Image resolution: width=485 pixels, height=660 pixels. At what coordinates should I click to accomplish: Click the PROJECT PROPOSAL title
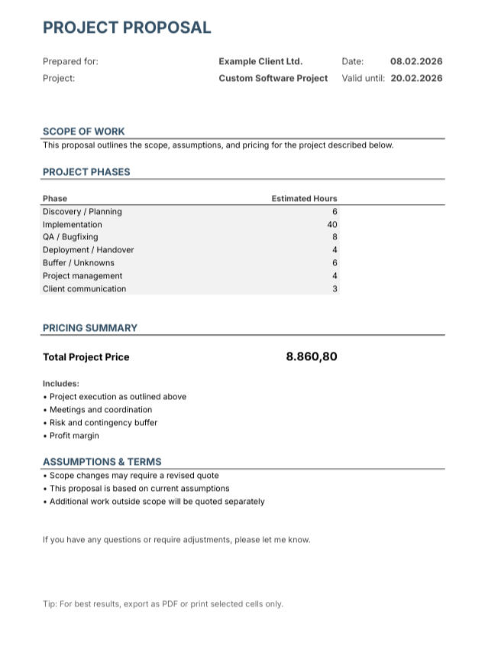click(x=127, y=28)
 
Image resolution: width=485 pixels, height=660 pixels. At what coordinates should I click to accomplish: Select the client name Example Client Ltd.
click(x=260, y=61)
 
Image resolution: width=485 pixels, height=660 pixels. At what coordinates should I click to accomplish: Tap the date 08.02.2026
click(x=416, y=61)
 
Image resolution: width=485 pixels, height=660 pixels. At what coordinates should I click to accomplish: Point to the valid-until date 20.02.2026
click(x=416, y=78)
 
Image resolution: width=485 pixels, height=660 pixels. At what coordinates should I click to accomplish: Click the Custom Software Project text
click(x=273, y=78)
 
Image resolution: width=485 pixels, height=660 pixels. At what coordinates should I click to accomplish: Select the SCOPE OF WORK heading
click(x=84, y=132)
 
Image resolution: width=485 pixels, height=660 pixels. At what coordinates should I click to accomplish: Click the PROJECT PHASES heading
click(x=86, y=172)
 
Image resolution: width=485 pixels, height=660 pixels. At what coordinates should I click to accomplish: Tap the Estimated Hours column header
click(x=304, y=198)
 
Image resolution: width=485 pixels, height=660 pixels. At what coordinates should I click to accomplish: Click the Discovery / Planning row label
click(x=82, y=212)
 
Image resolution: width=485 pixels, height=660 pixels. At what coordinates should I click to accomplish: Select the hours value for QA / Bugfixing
click(x=335, y=237)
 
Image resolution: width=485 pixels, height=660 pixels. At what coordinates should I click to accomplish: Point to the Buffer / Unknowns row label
click(x=79, y=263)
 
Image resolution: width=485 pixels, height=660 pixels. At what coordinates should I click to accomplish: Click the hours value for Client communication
click(x=335, y=289)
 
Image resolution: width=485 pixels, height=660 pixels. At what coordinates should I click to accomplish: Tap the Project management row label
click(x=82, y=276)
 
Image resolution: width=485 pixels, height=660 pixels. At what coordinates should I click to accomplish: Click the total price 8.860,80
click(x=312, y=356)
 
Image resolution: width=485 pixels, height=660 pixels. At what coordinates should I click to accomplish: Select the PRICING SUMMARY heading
click(x=90, y=328)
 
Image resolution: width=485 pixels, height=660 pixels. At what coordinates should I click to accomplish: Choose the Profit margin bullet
click(x=74, y=436)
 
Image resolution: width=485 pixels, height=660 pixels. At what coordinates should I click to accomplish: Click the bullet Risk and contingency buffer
click(x=103, y=423)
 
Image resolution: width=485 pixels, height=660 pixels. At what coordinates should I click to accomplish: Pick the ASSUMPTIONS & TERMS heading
click(x=102, y=462)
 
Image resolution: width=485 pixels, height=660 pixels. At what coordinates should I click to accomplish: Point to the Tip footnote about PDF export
click(x=163, y=604)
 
